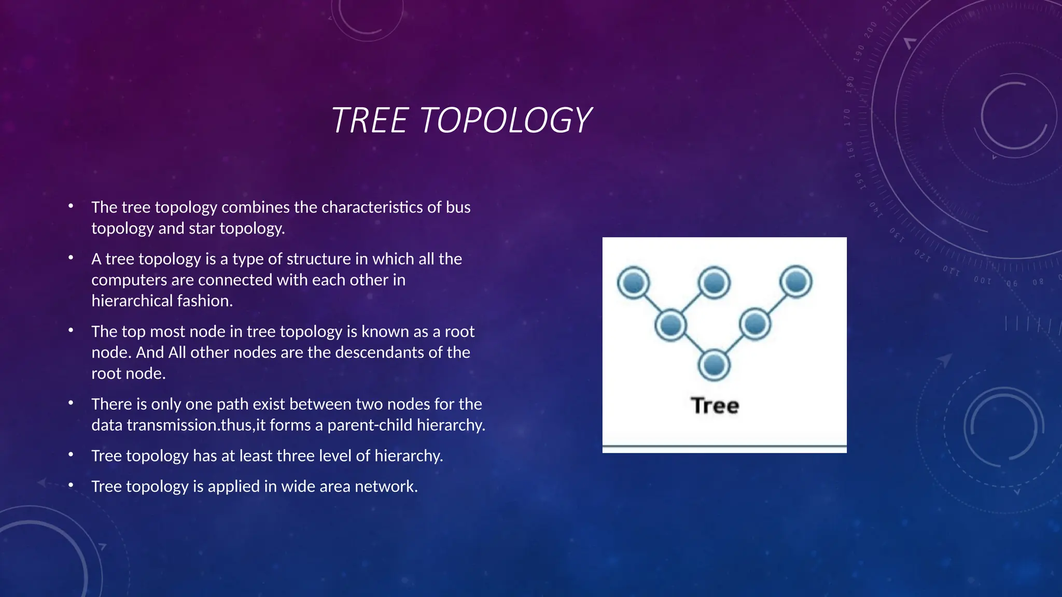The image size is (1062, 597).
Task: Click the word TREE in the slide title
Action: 369,120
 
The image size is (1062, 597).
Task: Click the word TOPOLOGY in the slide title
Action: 505,120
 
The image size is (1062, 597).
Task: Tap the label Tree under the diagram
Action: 715,405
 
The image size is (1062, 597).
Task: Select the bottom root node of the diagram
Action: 714,365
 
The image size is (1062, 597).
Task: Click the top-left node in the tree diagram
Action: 633,283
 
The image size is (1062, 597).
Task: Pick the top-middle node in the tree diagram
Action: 714,283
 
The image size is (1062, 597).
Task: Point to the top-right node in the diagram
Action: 796,282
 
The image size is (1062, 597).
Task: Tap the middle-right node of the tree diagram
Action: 755,324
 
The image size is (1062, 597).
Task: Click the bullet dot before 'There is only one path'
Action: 71,403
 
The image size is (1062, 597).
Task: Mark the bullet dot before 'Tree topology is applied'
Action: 71,485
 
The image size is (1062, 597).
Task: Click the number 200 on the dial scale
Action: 871,30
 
